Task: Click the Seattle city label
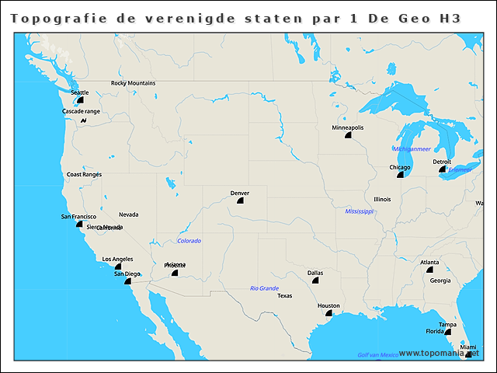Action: (x=79, y=92)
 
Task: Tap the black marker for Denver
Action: (x=240, y=200)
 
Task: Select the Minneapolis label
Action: (x=347, y=127)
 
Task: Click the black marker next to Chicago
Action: (x=400, y=175)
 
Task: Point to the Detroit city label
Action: (x=442, y=162)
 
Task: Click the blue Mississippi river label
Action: (x=360, y=211)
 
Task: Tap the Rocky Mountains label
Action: (x=133, y=83)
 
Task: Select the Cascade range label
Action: (x=81, y=111)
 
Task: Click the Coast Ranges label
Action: (x=84, y=175)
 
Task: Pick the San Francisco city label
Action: (x=78, y=216)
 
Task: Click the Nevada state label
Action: (x=128, y=214)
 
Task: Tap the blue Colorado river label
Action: (x=189, y=241)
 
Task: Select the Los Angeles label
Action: (x=117, y=259)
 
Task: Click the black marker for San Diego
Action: (x=128, y=281)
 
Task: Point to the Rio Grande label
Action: (x=264, y=288)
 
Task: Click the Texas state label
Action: (x=285, y=296)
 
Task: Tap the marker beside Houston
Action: (x=329, y=314)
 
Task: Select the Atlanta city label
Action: (x=429, y=262)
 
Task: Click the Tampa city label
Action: (x=447, y=325)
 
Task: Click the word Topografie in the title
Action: (x=51, y=18)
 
